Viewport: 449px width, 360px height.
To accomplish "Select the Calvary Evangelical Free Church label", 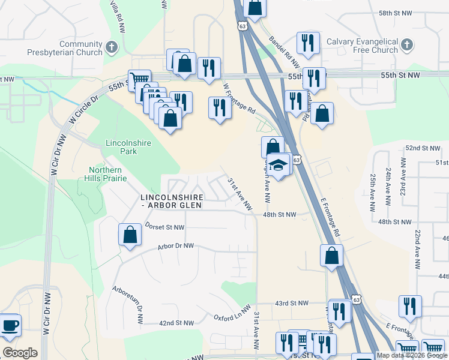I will [362, 46].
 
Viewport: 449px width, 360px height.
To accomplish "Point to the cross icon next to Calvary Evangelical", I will [406, 44].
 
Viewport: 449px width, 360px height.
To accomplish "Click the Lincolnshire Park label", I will [128, 147].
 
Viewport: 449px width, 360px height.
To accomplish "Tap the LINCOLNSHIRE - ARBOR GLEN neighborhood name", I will [171, 201].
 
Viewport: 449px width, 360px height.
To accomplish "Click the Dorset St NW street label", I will [165, 227].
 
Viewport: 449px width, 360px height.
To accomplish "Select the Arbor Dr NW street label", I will [176, 246].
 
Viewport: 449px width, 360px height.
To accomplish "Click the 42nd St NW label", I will [176, 323].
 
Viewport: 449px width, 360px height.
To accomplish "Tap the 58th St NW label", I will [411, 13].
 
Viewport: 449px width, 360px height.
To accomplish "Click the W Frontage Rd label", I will [239, 98].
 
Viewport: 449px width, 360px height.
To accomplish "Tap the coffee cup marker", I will [9, 326].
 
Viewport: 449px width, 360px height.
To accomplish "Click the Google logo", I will [20, 353].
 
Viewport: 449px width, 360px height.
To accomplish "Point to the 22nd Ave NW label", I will [415, 246].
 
